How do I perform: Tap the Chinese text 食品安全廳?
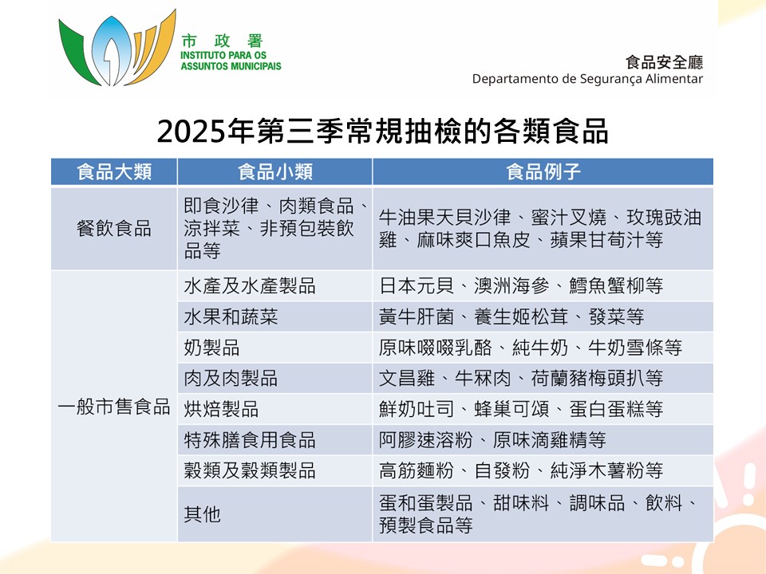click(x=665, y=62)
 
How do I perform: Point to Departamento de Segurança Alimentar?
click(x=587, y=79)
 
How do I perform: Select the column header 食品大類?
click(x=114, y=171)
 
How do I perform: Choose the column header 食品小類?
click(x=274, y=171)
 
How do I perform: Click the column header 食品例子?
click(x=543, y=171)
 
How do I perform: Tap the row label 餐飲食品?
click(x=114, y=229)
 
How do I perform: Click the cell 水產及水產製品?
click(x=250, y=285)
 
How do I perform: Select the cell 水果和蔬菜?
click(x=231, y=316)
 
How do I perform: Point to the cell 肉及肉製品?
click(x=231, y=378)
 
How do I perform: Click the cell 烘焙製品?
click(x=221, y=409)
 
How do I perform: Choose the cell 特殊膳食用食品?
click(x=250, y=440)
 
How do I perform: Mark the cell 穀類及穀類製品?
click(x=250, y=470)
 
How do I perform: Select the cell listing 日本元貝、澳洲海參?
click(x=521, y=285)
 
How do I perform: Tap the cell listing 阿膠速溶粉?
click(x=492, y=440)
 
